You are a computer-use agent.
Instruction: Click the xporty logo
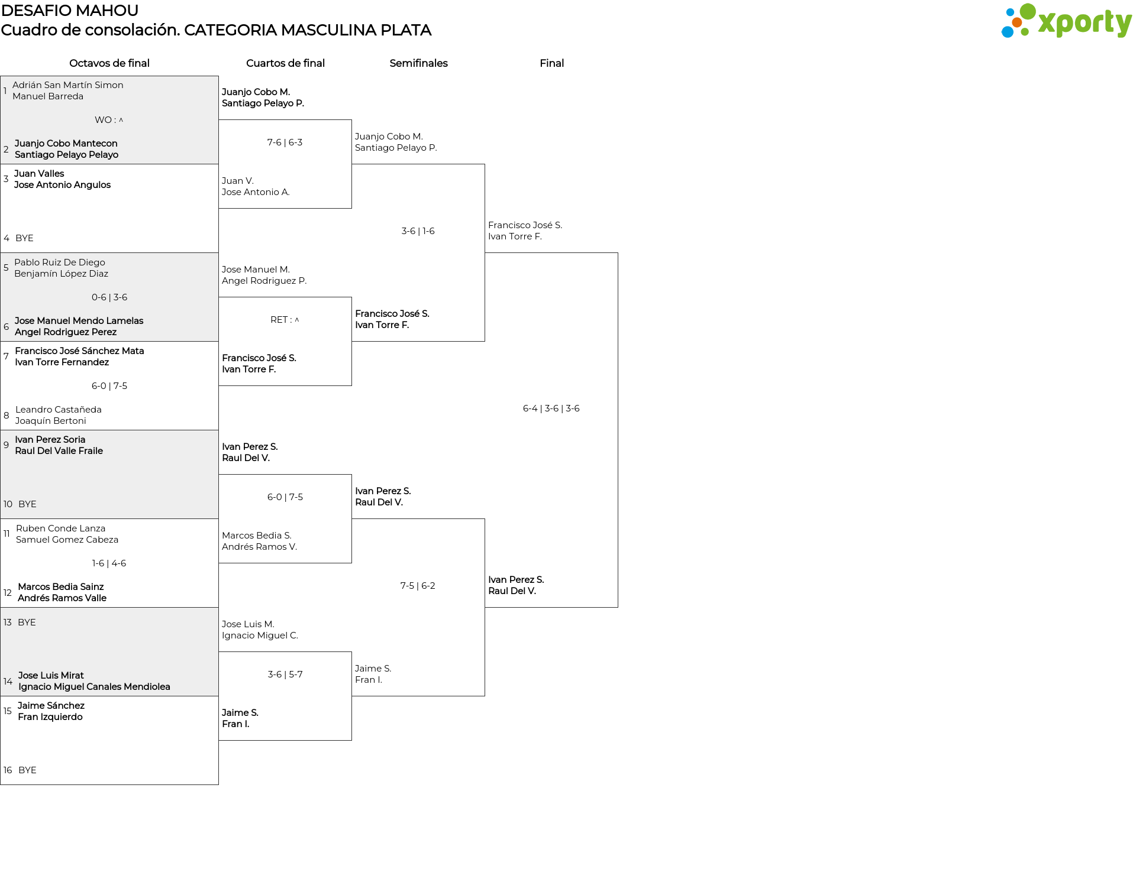click(x=1066, y=21)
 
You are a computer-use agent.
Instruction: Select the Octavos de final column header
click(x=109, y=63)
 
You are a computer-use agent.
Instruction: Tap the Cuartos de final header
click(x=285, y=63)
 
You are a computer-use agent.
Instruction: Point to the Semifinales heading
click(x=418, y=63)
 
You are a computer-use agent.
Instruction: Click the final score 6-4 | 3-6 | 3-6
click(x=551, y=408)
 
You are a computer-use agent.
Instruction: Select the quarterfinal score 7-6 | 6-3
click(x=285, y=142)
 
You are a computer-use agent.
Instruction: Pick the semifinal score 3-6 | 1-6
click(x=418, y=231)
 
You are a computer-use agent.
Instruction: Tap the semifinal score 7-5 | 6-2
click(x=418, y=586)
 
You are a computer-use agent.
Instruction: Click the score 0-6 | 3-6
click(x=109, y=297)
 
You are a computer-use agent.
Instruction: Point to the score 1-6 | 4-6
click(x=109, y=563)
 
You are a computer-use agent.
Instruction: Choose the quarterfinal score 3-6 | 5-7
click(x=285, y=675)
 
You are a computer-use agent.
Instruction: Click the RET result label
click(x=285, y=320)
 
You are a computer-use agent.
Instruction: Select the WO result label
click(x=109, y=120)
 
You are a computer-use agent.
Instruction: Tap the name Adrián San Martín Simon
click(x=68, y=85)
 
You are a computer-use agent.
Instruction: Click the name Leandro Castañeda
click(x=59, y=410)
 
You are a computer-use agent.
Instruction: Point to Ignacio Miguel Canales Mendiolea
click(x=94, y=687)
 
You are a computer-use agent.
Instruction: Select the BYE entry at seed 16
click(x=27, y=770)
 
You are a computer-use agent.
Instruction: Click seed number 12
click(x=8, y=593)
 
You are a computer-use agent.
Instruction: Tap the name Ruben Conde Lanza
click(x=60, y=528)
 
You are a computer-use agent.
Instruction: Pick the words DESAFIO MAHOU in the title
click(x=70, y=11)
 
